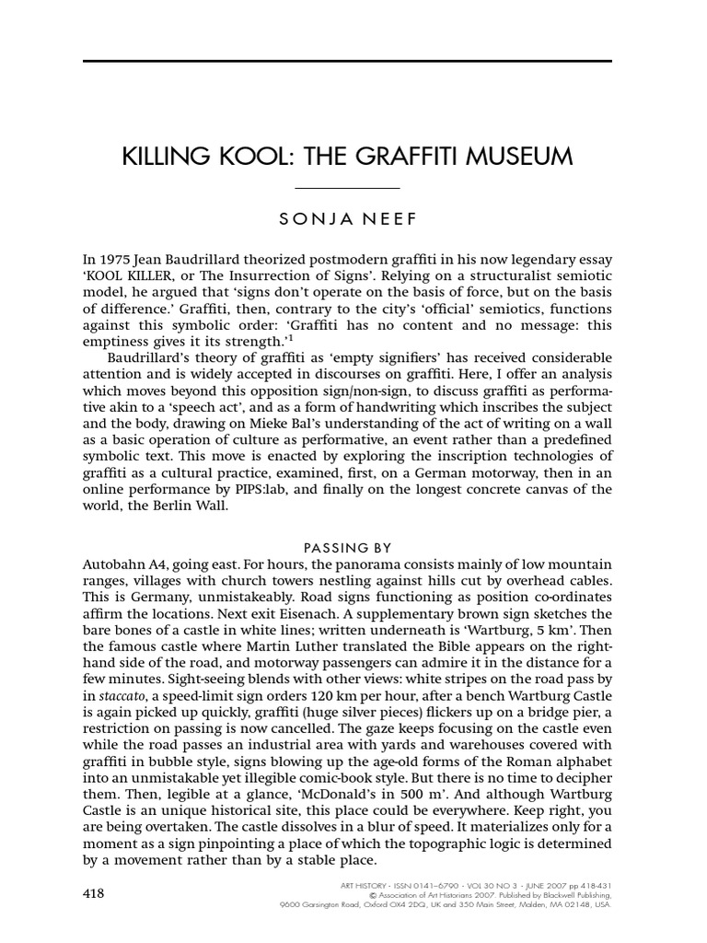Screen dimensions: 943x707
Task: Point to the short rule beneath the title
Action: [347, 188]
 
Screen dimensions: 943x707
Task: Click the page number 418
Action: [94, 892]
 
